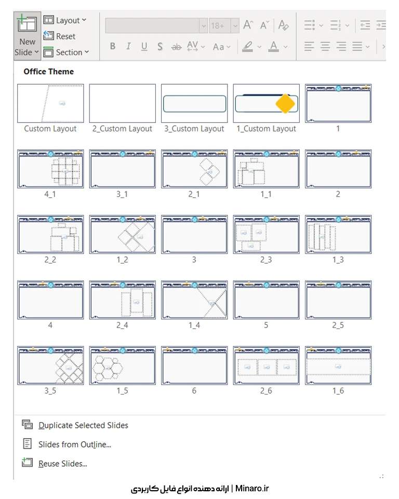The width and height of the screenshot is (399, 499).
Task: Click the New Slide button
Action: click(x=27, y=36)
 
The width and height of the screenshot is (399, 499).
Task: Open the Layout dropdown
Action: click(x=65, y=20)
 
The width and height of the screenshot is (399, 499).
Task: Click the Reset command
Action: click(x=60, y=36)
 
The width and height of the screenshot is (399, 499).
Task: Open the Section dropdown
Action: click(x=66, y=52)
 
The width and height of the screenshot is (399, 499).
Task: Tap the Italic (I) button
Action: click(x=128, y=46)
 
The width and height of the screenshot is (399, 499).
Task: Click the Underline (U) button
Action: click(x=144, y=46)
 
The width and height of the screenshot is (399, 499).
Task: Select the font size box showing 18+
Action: click(x=220, y=25)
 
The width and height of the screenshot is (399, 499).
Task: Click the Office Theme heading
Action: click(x=49, y=72)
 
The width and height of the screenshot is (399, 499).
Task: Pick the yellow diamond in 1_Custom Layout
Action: click(x=285, y=103)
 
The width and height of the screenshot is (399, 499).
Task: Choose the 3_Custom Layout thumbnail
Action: click(x=194, y=103)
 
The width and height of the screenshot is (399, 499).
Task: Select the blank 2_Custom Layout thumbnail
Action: click(x=123, y=103)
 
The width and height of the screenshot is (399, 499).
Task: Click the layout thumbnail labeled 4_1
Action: click(x=50, y=169)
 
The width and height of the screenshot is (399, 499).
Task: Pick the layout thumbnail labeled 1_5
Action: click(x=123, y=365)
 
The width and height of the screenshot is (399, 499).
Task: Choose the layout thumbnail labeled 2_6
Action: click(x=267, y=365)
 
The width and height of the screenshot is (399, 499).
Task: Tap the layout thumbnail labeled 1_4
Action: click(x=194, y=300)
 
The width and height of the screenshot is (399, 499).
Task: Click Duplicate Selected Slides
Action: click(x=83, y=425)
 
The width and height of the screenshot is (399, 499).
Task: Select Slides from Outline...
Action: click(x=74, y=444)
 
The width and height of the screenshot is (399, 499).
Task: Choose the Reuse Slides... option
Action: click(x=63, y=463)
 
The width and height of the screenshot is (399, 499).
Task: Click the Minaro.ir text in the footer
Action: click(x=252, y=488)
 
